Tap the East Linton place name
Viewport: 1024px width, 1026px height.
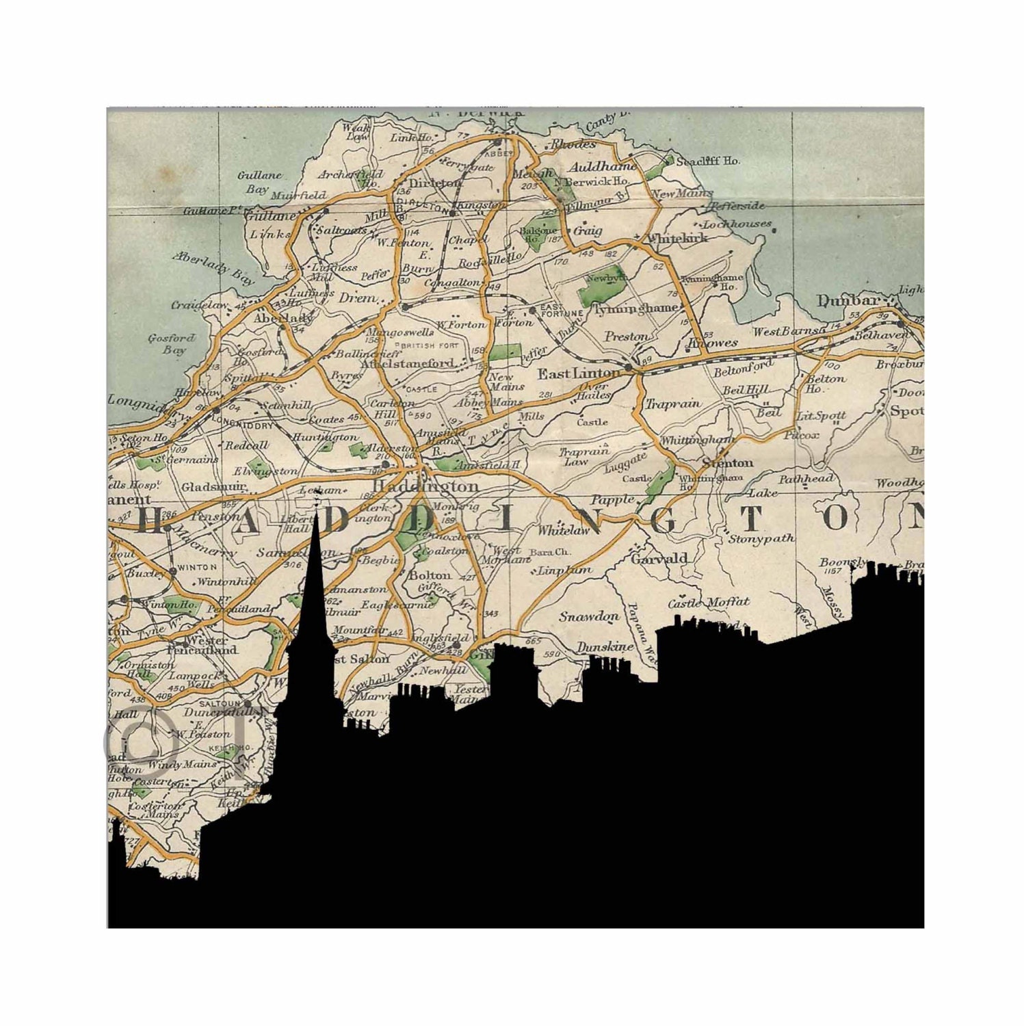[578, 373]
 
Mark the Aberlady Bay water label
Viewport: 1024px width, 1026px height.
[213, 267]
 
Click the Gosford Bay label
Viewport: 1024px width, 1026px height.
[171, 344]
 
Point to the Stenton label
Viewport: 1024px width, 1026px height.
[727, 463]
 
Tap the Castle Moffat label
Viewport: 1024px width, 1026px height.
[709, 603]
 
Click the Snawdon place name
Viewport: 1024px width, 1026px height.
[588, 616]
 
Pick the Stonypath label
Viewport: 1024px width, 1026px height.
[761, 538]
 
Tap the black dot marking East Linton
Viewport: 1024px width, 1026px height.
[628, 368]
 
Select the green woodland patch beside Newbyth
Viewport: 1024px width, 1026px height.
[596, 292]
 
